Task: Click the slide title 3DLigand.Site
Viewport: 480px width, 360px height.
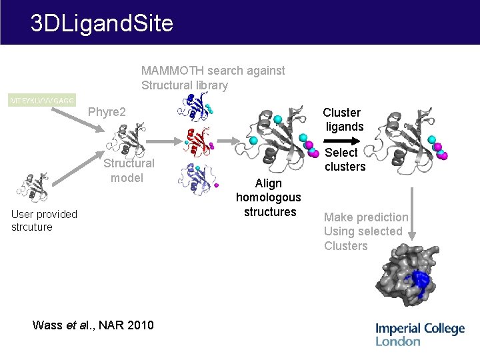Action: (x=102, y=24)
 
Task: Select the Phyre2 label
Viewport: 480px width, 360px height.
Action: (x=107, y=111)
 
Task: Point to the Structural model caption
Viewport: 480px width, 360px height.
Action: (x=127, y=170)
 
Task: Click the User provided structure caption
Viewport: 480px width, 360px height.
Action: (x=44, y=220)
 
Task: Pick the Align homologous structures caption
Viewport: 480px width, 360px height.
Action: (x=269, y=197)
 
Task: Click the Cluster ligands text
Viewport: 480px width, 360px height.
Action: (x=343, y=119)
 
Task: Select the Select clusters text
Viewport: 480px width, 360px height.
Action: (x=345, y=159)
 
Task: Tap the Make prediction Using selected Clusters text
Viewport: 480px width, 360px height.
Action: (x=365, y=231)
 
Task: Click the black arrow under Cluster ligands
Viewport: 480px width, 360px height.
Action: (x=342, y=141)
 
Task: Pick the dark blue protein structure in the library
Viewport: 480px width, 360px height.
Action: (x=198, y=107)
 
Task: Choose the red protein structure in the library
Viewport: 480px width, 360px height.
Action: (x=198, y=141)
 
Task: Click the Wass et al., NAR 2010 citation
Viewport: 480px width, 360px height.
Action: (x=93, y=325)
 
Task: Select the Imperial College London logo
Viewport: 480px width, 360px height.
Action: (x=419, y=334)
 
